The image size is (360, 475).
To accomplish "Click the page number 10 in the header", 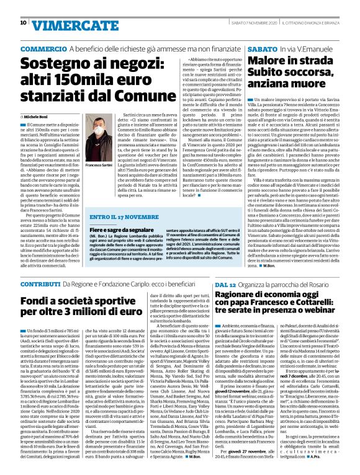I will point(24,23).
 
